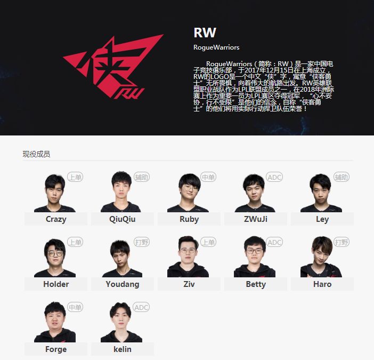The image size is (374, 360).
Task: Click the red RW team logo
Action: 113,67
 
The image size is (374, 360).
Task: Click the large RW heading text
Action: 205,33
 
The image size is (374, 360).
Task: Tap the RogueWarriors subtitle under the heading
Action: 216,47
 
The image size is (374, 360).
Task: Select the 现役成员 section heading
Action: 36,154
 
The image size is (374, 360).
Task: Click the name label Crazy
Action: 56,219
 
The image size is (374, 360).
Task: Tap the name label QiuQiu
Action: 123,219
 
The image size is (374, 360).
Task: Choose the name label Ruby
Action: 189,219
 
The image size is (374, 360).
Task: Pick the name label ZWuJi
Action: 256,219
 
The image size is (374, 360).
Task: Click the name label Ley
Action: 322,219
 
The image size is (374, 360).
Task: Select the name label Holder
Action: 56,284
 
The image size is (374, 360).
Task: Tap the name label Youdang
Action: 123,284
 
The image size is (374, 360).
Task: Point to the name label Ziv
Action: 189,284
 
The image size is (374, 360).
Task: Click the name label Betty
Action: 256,284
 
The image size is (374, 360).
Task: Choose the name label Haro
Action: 322,284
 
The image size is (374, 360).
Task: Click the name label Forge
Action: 56,349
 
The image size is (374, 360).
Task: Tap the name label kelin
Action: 123,349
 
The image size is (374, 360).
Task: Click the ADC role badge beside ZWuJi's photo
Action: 274,177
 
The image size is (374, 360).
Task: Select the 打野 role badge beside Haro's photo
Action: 341,242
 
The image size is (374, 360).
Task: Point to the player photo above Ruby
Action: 188,193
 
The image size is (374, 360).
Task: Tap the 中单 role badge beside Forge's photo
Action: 75,307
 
